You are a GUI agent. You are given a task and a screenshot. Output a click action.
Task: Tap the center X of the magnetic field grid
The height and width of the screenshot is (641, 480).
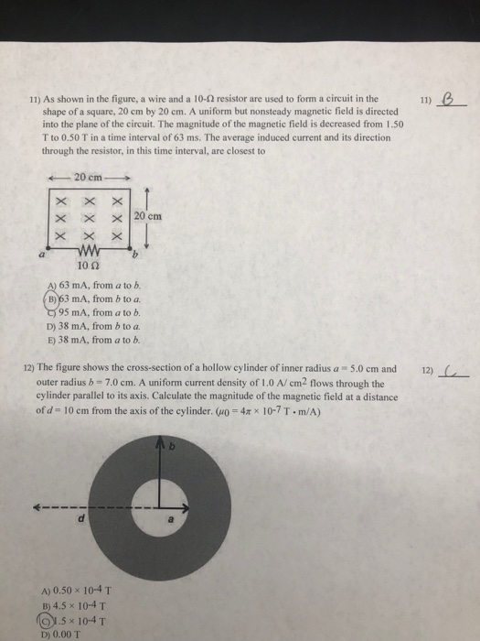tap(90, 216)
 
